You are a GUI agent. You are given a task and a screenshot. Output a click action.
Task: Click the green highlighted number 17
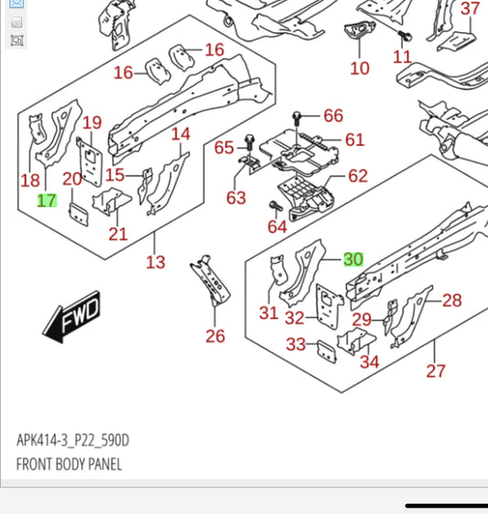[x=48, y=201]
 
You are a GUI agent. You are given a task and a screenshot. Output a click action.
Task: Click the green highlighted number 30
[x=353, y=259]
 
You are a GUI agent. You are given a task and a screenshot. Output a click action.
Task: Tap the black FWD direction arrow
[x=71, y=317]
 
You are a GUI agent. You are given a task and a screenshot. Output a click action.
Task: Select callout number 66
[x=333, y=115]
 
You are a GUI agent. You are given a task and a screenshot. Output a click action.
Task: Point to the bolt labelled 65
[x=250, y=142]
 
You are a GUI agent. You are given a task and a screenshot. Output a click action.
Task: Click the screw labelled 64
[x=276, y=206]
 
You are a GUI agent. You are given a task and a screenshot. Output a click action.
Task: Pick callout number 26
[x=215, y=336]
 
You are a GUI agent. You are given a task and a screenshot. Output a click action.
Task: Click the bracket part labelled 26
[x=211, y=280]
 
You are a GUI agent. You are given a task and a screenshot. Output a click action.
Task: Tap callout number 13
[x=156, y=262]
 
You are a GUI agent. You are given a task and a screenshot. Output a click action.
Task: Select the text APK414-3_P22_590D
[x=72, y=440]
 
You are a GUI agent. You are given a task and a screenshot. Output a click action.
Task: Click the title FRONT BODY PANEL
[x=69, y=465]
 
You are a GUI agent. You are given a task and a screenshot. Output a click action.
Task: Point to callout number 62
[x=358, y=176]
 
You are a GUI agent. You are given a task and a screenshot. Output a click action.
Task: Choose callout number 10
[x=360, y=68]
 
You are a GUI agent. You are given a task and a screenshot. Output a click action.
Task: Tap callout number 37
[x=470, y=8]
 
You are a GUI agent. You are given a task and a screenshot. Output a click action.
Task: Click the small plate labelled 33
[x=326, y=352]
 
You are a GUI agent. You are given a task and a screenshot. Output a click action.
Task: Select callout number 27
[x=436, y=371]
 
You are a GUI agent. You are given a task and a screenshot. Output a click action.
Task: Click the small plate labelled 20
[x=79, y=214]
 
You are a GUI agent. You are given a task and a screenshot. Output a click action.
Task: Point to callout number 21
[x=118, y=234]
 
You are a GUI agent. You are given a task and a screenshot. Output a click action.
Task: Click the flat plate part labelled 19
[x=89, y=162]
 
